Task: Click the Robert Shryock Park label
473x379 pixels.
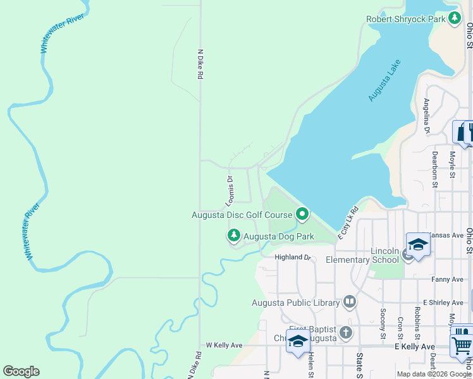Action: (x=405, y=20)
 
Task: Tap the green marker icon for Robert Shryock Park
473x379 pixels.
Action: (x=454, y=18)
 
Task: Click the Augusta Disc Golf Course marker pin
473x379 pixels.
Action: (x=302, y=215)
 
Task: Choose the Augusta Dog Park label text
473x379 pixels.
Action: (x=278, y=237)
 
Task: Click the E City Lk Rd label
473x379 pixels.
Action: (x=348, y=222)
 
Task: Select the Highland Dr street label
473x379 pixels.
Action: (x=293, y=258)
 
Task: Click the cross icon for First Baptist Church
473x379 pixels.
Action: (x=345, y=332)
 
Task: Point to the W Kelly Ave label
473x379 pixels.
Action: (x=224, y=346)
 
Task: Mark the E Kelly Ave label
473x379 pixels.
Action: (x=415, y=347)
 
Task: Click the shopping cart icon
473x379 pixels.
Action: (x=462, y=346)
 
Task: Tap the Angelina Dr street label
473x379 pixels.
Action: (x=427, y=117)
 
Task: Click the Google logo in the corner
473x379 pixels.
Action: (x=21, y=371)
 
